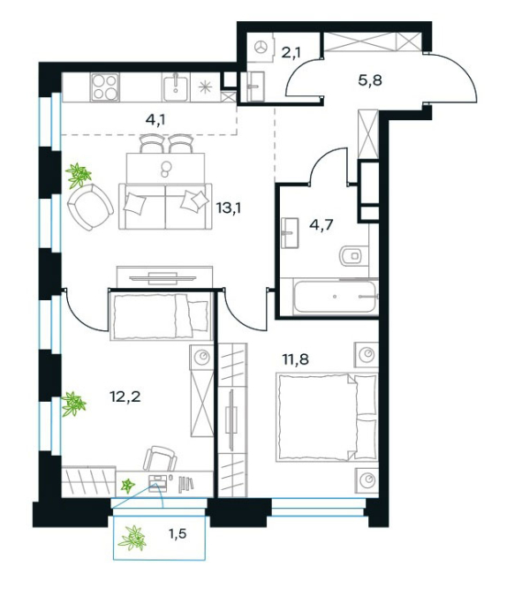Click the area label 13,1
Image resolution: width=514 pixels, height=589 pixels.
229,208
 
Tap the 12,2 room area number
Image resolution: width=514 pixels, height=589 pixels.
125,396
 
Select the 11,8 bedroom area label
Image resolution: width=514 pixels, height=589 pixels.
295,359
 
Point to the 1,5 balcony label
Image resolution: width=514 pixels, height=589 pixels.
178,533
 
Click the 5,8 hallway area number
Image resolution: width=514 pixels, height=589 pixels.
370,80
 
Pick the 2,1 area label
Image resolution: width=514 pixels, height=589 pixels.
291,53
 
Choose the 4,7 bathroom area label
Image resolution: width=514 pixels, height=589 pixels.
321,225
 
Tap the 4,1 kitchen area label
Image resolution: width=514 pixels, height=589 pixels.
155,120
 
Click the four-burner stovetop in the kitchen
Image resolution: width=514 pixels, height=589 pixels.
105,87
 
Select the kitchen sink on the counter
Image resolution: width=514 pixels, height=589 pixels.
175,87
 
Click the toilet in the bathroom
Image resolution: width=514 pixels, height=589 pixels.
353,256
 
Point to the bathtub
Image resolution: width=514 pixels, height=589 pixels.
335,297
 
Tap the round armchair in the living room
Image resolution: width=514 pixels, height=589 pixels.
90,207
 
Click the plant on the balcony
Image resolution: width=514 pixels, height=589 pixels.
132,538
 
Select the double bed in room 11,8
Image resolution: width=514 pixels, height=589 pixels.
327,417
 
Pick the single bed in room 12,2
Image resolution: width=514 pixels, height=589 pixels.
160,316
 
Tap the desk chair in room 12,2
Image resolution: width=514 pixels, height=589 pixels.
160,458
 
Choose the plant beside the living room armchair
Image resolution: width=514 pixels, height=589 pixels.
79,175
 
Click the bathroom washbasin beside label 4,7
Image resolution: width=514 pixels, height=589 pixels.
290,233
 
